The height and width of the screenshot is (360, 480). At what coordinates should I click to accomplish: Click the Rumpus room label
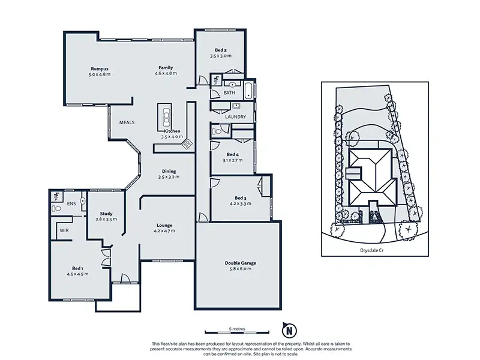pos(100,69)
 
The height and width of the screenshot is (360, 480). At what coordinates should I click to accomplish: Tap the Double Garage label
pos(241,263)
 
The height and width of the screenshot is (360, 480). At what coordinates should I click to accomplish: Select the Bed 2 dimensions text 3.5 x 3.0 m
pos(221,56)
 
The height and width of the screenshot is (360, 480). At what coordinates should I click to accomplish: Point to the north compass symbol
pos(289,329)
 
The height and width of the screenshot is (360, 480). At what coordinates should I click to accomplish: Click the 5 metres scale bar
pos(237,332)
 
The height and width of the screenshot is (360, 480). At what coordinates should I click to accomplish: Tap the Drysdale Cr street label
pos(371,250)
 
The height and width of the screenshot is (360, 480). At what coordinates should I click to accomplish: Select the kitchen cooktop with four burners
pos(187,144)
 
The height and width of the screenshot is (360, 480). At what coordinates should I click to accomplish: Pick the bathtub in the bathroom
pos(248,90)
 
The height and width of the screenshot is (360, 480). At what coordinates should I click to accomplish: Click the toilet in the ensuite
pos(56,208)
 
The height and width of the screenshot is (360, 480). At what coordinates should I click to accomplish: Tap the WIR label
pos(64,230)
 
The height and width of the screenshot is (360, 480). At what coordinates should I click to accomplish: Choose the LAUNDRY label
pos(235,116)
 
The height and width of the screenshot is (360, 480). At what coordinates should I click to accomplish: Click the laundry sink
pos(236,106)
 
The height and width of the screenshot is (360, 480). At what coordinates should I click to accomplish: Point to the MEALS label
pos(127,122)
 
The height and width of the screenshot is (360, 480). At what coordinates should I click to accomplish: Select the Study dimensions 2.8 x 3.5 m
pos(106,219)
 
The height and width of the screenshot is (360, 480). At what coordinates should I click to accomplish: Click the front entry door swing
pos(125,278)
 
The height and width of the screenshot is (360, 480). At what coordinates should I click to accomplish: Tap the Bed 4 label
pos(233,155)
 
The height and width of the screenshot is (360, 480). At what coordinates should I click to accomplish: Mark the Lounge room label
pos(164,226)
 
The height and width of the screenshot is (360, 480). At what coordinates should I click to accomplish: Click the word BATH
pos(229,92)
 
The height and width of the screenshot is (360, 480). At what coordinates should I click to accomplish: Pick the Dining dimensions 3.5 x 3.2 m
pos(169,177)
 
